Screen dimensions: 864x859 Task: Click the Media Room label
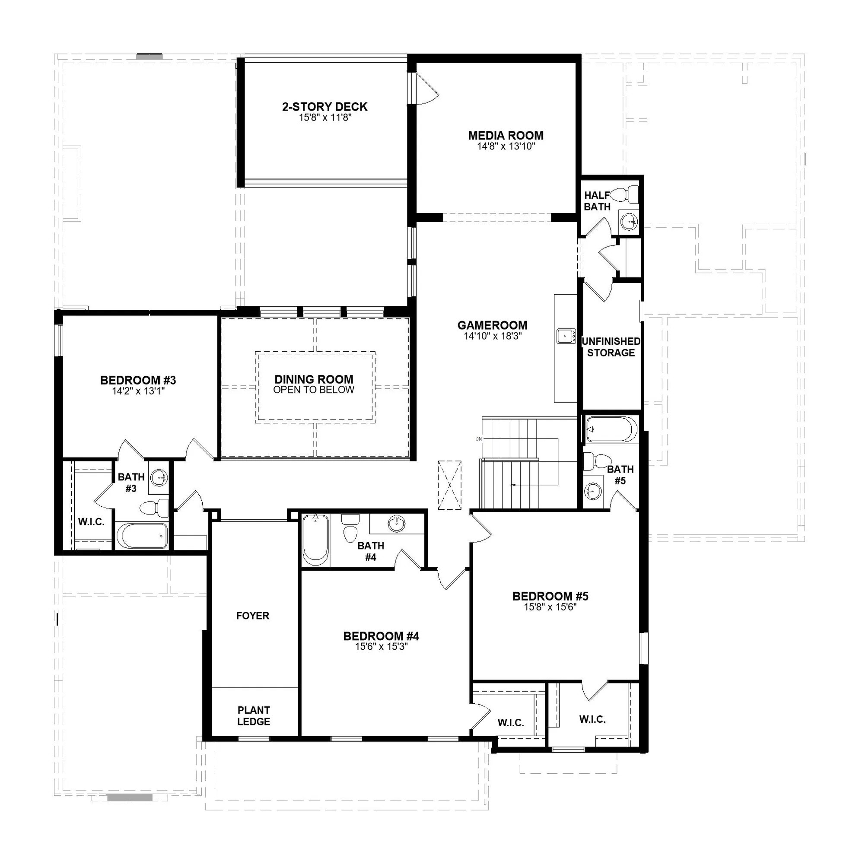pos(506,135)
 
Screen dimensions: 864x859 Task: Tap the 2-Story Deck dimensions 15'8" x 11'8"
pos(325,118)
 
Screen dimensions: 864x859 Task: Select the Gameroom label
pos(492,325)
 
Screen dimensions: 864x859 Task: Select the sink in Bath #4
pos(396,524)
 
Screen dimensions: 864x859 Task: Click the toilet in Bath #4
pos(350,529)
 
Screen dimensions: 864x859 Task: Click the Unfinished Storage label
pos(611,347)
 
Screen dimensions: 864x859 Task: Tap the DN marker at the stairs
pos(479,439)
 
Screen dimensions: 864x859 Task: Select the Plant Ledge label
pos(254,715)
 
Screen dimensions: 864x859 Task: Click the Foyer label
pos(253,616)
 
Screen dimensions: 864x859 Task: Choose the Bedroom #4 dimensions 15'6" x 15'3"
pos(381,647)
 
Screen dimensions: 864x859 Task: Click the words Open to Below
pos(314,390)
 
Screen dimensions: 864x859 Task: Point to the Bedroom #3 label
pos(138,380)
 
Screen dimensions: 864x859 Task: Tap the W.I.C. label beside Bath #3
pos(91,521)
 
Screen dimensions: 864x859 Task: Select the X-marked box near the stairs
pos(449,485)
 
